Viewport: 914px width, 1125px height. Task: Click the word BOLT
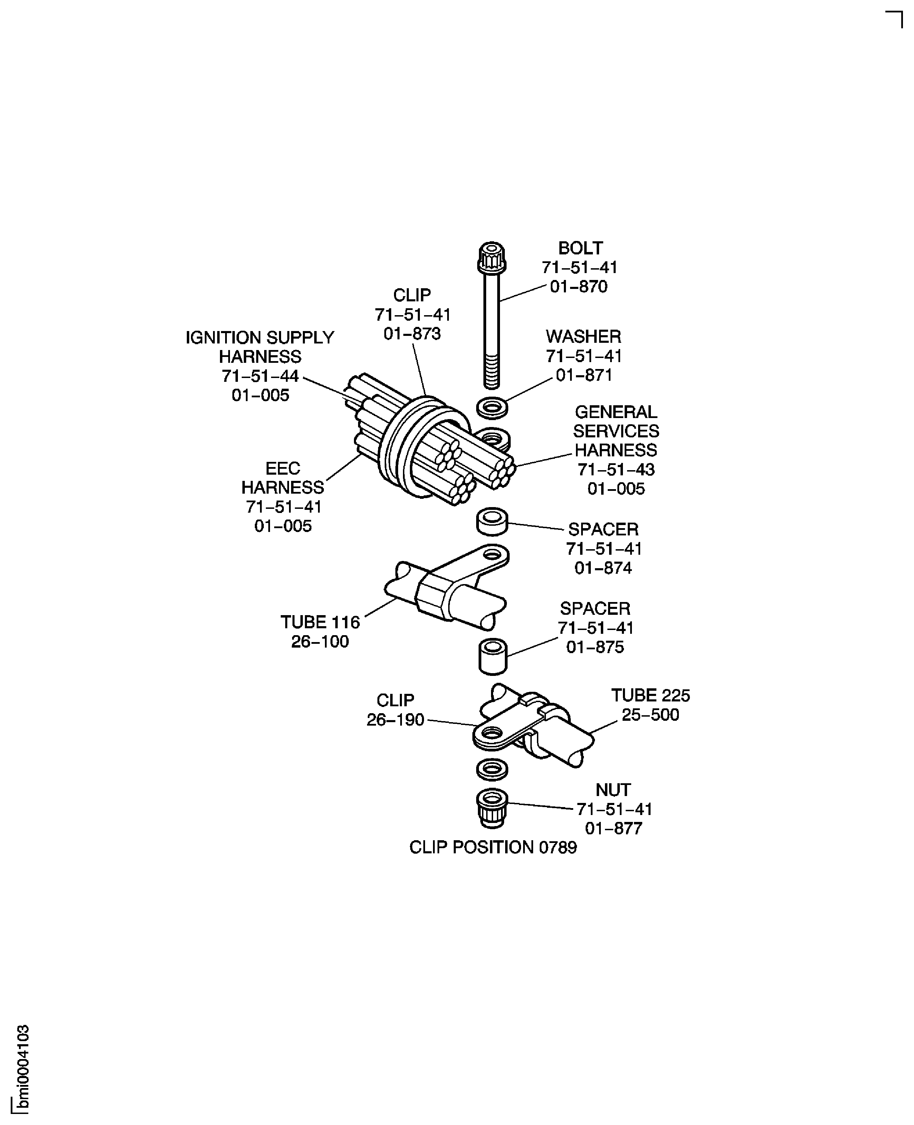coord(580,248)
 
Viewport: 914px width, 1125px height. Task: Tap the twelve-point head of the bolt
coord(492,256)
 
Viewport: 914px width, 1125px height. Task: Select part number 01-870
coord(579,287)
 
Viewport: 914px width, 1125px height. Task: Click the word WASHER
coord(583,336)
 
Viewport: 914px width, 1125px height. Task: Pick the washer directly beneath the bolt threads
coord(492,407)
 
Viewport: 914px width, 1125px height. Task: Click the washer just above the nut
coord(492,769)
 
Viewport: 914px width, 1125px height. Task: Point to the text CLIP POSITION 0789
coord(493,847)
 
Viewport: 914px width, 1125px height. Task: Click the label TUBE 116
coord(320,622)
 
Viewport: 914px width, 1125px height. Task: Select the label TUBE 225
coord(650,696)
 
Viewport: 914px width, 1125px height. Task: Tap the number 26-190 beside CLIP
coord(395,720)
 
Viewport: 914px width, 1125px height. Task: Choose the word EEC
coord(283,468)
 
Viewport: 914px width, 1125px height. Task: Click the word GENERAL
coord(615,412)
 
